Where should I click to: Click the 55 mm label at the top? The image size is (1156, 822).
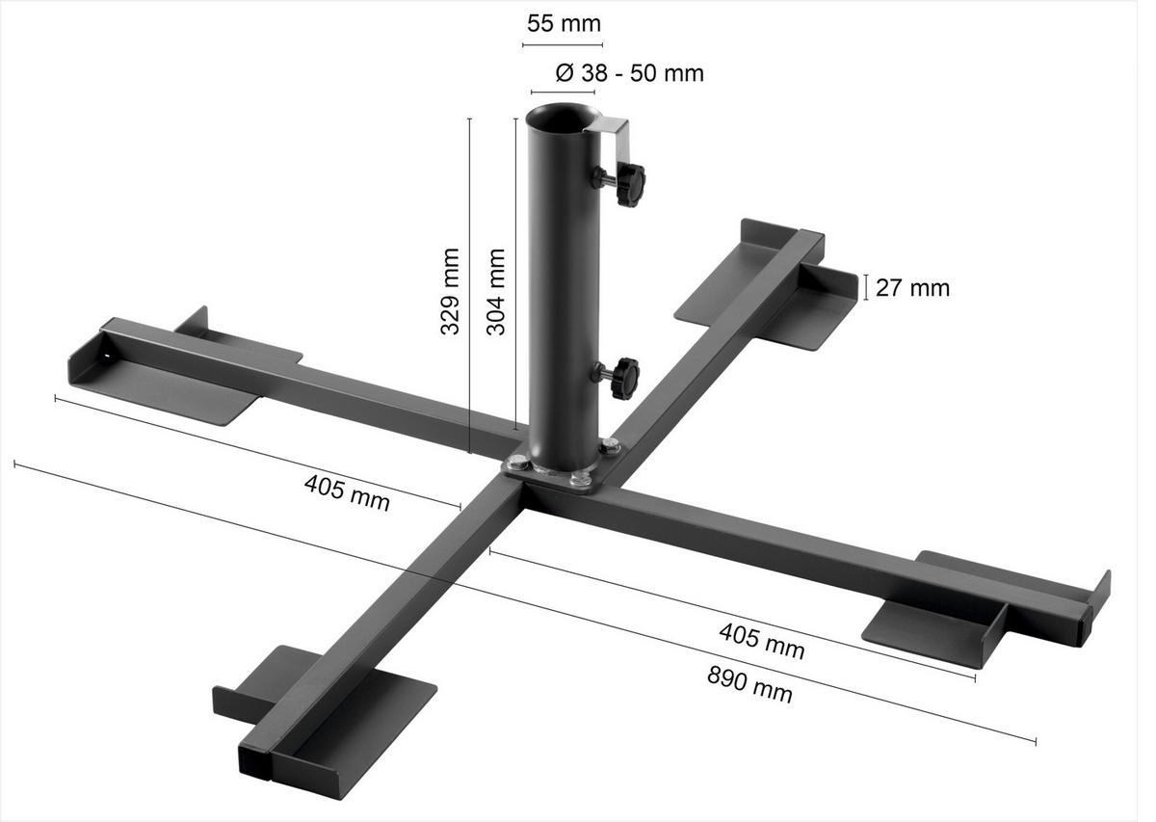point(563,23)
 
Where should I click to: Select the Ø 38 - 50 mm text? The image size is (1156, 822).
point(630,72)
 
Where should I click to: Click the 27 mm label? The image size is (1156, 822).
point(911,287)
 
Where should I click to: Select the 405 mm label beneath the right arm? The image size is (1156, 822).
point(761,640)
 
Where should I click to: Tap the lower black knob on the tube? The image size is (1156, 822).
point(624,375)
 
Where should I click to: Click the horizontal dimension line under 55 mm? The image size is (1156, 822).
point(563,45)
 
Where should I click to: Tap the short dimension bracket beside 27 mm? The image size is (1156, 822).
point(866,287)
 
